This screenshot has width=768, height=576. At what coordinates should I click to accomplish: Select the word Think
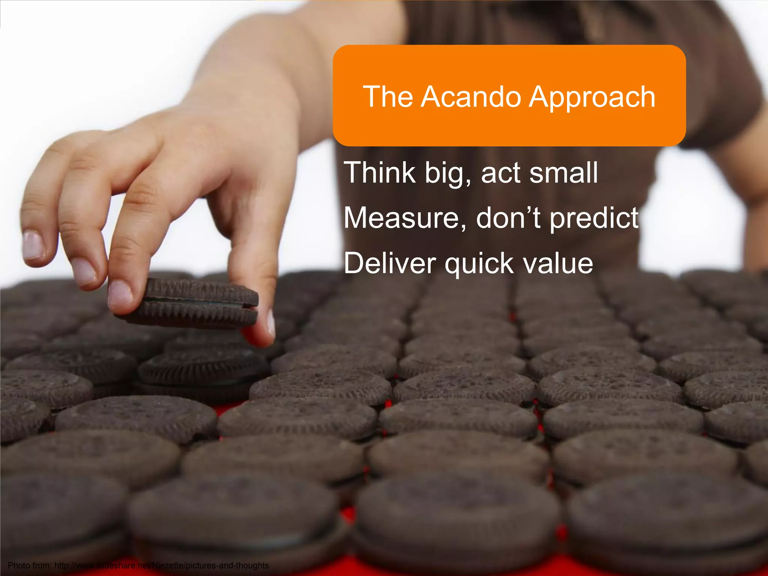[x=379, y=172]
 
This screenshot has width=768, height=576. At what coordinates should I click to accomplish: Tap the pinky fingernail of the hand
[x=33, y=246]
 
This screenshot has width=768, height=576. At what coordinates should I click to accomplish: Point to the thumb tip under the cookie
[x=262, y=330]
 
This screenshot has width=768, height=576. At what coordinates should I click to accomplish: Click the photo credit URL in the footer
[x=162, y=565]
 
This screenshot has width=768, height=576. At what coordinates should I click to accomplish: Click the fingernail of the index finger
[x=120, y=293]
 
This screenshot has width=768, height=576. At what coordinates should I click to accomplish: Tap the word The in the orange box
[x=388, y=97]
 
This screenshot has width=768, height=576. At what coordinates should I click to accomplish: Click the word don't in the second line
[x=508, y=218]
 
